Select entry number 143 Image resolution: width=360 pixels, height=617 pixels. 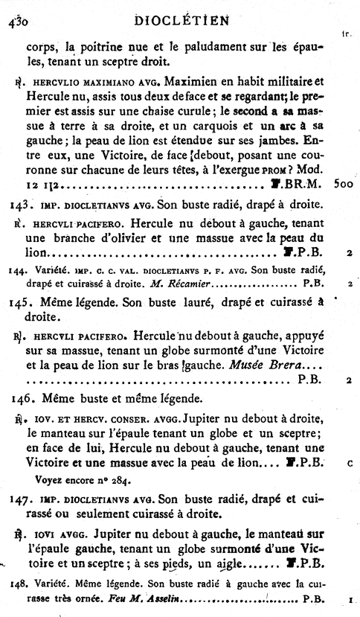click(16, 223)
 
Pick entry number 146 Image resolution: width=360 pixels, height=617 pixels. click(16, 396)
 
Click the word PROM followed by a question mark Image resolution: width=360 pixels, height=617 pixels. click(289, 188)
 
